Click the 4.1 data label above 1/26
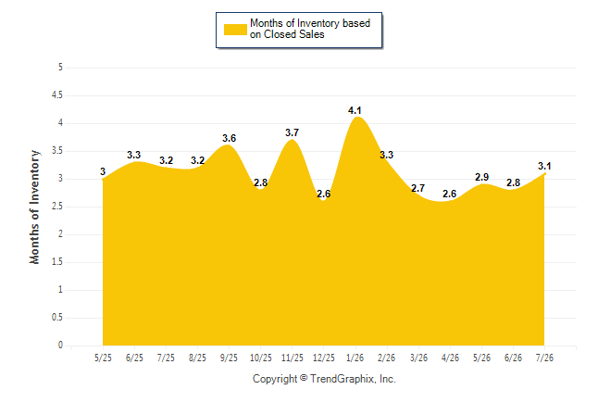pos(355,110)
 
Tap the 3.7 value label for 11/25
pos(293,132)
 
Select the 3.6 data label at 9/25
pos(230,138)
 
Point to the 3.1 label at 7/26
pos(544,166)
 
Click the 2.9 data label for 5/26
pos(481,177)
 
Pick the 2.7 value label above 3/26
pos(418,188)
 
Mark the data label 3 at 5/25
pos(103,171)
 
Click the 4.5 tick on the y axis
pos(57,95)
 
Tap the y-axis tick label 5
pos(60,68)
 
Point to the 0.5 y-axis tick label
pos(57,318)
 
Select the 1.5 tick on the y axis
pos(57,262)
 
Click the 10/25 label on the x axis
pos(261,358)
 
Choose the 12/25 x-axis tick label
pos(324,358)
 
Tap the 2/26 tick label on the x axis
pos(386,358)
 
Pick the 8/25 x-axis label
pos(197,358)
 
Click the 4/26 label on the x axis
pos(450,358)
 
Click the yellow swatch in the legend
pos(235,30)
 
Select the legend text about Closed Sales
pos(310,29)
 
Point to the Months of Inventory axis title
pos(34,207)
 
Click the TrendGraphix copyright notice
pos(324,379)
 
